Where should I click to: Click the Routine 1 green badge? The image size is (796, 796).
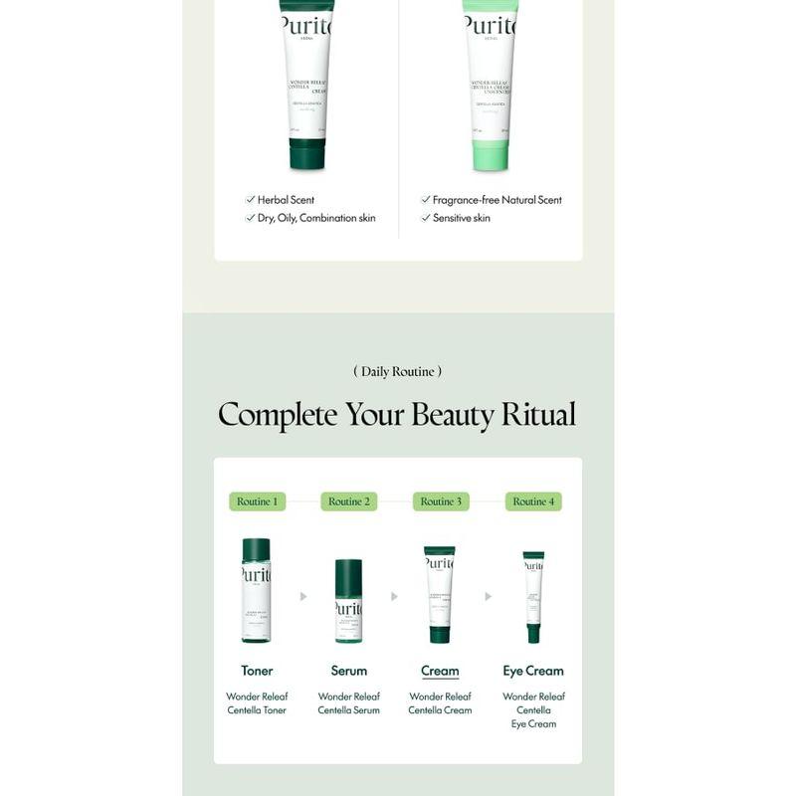coord(257,501)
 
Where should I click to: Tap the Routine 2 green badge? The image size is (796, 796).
coord(348,501)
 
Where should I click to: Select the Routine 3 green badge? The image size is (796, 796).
coord(441,501)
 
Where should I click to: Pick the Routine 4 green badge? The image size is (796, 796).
coord(533,501)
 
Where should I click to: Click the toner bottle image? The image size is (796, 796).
coord(256,590)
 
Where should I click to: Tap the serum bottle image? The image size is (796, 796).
coord(348,601)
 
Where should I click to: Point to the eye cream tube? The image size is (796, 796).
coord(533,597)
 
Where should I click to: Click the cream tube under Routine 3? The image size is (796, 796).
coord(440,594)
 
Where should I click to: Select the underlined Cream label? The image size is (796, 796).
coord(440,671)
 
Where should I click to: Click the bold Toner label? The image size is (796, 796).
coord(257,671)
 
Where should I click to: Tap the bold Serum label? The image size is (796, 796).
coord(348,671)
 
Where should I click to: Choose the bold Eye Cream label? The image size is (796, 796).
coord(533,671)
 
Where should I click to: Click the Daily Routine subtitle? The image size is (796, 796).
coord(397,371)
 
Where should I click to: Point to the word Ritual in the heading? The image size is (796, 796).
coord(538,414)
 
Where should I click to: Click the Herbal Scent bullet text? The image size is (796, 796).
coord(286,200)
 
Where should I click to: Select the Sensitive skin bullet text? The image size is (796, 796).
coord(461,218)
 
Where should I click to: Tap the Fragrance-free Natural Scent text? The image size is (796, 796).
coord(497,200)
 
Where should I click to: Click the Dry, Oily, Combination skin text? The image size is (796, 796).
coord(316,218)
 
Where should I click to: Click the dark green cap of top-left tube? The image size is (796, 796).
coord(306,154)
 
